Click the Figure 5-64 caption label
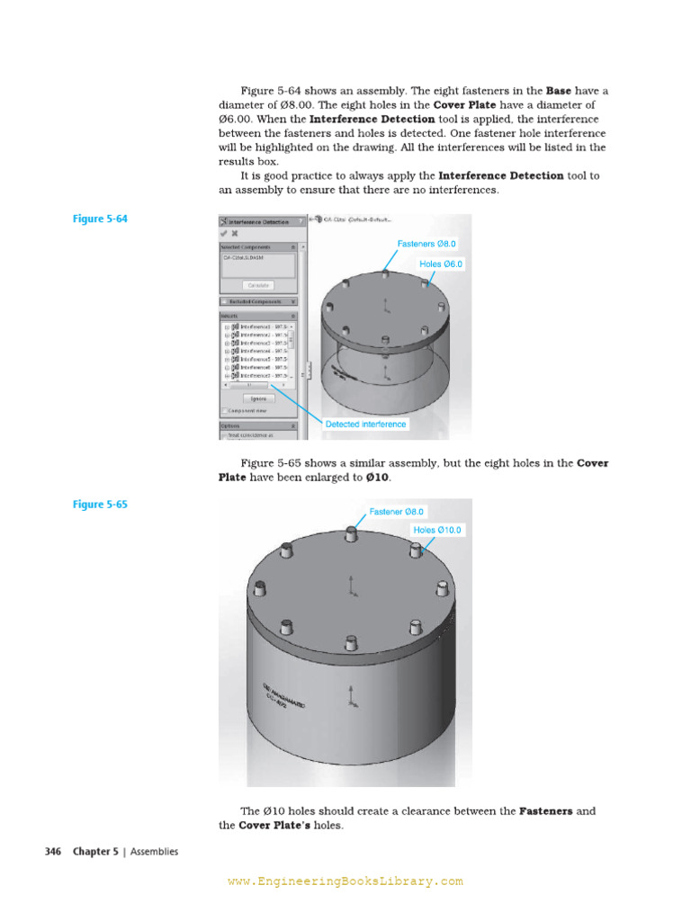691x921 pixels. coord(100,219)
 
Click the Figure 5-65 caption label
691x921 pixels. coord(100,505)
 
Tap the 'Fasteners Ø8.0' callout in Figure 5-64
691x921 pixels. coord(427,244)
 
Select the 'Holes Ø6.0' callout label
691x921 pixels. coord(441,264)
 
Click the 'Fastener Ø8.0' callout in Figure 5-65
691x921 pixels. coord(396,512)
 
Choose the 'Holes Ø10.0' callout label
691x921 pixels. coord(437,531)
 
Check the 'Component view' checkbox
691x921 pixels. coord(224,410)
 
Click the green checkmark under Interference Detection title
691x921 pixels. coord(224,233)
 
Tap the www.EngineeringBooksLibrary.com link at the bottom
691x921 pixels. coord(345,882)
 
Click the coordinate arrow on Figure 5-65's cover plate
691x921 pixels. coord(350,585)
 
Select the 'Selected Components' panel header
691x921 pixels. coord(253,246)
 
